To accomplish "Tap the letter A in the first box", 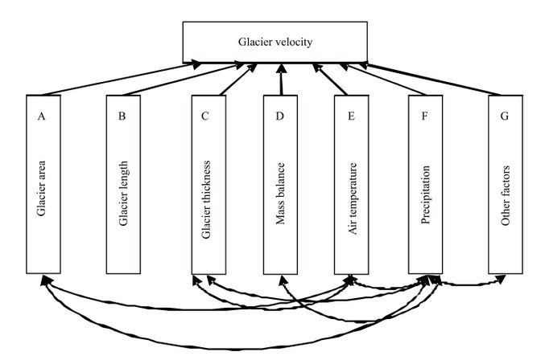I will coord(41,116).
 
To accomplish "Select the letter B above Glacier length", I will coord(122,116).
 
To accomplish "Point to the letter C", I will coord(206,116).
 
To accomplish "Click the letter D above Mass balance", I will coord(279,116).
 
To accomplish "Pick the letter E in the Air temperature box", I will coord(351,116).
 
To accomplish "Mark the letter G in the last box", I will coord(505,116).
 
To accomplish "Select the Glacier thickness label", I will coord(207,197).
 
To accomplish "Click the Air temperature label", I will coord(352,197).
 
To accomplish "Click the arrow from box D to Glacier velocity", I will coord(280,80).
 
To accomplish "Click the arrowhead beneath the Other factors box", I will coord(502,280).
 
